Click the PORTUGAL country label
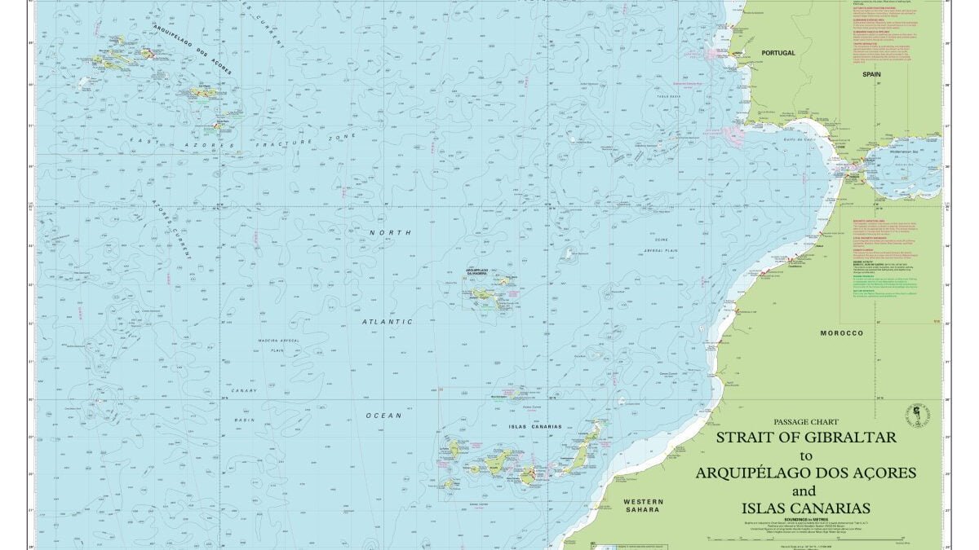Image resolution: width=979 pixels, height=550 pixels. [777, 52]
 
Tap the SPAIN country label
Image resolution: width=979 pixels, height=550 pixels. [873, 73]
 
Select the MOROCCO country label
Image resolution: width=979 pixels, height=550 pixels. [842, 334]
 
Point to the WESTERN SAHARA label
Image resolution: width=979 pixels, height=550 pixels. [643, 506]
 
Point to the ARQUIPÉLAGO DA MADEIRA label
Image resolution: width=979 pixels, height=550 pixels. [481, 270]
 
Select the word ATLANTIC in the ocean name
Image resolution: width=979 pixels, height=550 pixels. [388, 322]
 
